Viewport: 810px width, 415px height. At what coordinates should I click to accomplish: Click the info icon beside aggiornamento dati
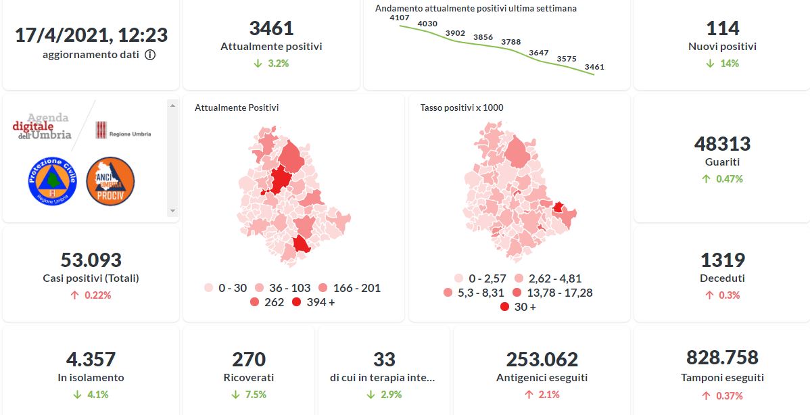pos(150,55)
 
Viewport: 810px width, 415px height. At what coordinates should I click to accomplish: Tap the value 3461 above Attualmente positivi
pos(271,28)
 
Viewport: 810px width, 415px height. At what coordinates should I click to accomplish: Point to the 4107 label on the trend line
pos(400,18)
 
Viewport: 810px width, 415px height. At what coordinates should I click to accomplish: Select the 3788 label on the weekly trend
pos(511,42)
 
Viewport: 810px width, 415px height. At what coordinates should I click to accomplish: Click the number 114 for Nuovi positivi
pos(722,28)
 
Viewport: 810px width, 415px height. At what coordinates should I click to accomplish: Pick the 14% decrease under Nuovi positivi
pos(722,64)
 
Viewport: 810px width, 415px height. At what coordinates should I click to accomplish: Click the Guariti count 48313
pos(722,144)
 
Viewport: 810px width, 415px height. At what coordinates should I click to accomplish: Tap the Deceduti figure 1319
pos(722,260)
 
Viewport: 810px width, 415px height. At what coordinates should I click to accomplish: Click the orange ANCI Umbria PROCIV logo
pos(110,182)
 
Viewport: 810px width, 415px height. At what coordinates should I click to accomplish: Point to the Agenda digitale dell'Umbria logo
pos(42,126)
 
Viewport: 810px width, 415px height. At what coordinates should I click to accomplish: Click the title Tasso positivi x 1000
pos(462,107)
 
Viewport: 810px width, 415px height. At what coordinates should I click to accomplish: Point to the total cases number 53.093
pos(91,260)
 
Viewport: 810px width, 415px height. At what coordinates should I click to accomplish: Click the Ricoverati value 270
pos(249,359)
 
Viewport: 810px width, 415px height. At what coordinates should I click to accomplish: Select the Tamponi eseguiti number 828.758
pos(722,358)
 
